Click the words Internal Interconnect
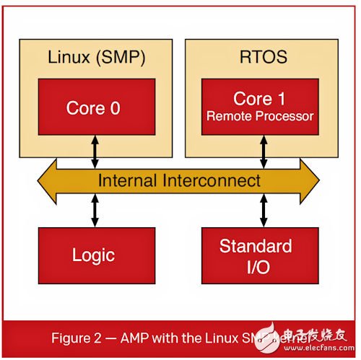point(179,180)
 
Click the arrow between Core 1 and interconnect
point(262,151)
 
